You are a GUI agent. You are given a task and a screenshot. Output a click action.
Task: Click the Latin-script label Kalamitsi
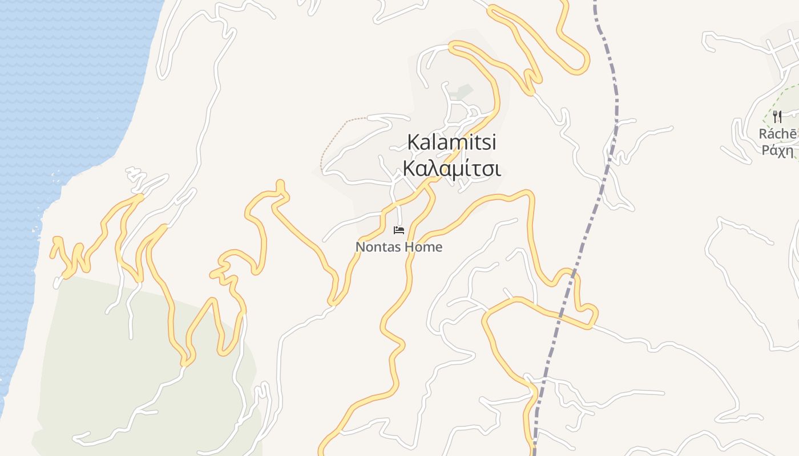451,142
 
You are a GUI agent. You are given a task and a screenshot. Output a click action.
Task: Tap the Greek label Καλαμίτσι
451,169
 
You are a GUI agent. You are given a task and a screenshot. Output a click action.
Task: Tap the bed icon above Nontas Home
399,230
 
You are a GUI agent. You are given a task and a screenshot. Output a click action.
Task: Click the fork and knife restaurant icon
777,117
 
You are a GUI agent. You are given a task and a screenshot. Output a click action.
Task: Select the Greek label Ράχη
778,150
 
